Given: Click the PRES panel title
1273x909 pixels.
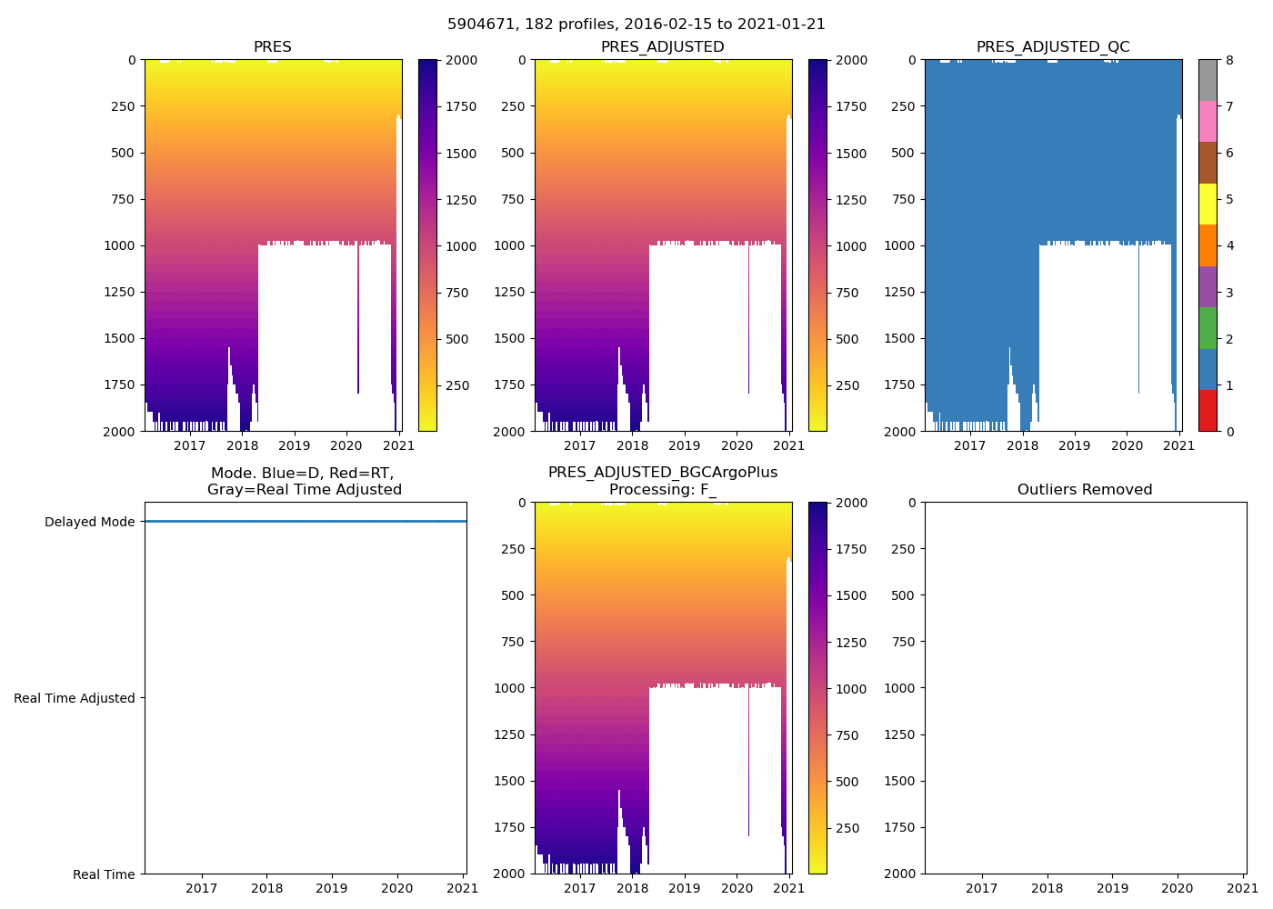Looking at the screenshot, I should (x=272, y=47).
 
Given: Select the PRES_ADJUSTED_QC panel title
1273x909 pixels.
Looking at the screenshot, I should (x=1052, y=47).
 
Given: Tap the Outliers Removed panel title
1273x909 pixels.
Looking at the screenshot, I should (x=1084, y=490).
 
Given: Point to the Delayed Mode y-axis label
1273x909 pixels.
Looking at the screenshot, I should (x=89, y=522).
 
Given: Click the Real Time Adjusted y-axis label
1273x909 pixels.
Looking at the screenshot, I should (x=74, y=698).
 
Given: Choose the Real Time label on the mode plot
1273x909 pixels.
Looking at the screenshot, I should (x=104, y=874).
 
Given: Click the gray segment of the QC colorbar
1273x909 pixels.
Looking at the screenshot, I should (x=1208, y=80).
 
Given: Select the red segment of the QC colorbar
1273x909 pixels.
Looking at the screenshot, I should (x=1208, y=410).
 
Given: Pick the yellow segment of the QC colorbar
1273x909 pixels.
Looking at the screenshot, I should (x=1208, y=204).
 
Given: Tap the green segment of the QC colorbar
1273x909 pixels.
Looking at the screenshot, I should (x=1208, y=327).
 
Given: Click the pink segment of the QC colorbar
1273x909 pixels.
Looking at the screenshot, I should (x=1208, y=121).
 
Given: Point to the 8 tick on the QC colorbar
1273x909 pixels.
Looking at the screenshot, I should (x=1229, y=60).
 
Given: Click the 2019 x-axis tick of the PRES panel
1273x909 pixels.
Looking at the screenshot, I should (x=294, y=445).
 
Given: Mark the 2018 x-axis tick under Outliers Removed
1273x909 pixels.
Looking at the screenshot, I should (x=1047, y=888).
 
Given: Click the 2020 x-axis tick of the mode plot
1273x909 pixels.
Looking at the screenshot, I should (x=396, y=888).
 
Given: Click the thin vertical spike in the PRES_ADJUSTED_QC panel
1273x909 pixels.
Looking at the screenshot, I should (x=1138, y=318).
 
